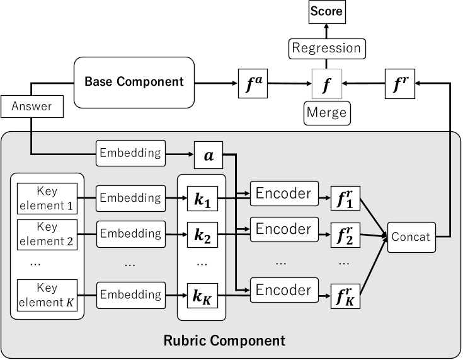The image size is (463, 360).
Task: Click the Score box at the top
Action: [x=326, y=11]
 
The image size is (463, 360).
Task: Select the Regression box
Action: [x=326, y=48]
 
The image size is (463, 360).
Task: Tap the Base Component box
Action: [x=134, y=81]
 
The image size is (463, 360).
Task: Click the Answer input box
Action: [x=31, y=107]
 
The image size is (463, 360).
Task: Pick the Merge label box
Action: [x=326, y=113]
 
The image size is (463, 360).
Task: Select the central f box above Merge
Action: [x=326, y=83]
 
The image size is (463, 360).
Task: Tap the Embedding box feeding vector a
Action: [x=130, y=152]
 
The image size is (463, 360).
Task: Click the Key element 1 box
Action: [x=47, y=197]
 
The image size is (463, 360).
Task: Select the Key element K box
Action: [x=47, y=294]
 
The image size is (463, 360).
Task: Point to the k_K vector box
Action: [x=202, y=294]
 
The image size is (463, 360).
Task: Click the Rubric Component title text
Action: [x=224, y=341]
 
